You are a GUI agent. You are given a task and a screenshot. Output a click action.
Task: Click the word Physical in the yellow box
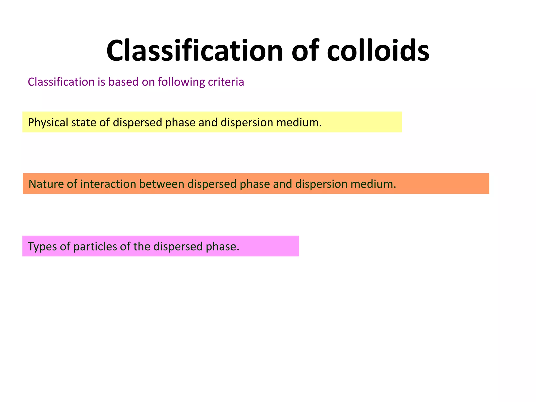(48, 122)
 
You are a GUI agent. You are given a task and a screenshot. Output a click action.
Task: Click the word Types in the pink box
(42, 247)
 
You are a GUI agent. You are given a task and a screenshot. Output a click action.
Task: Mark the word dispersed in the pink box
(178, 247)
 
